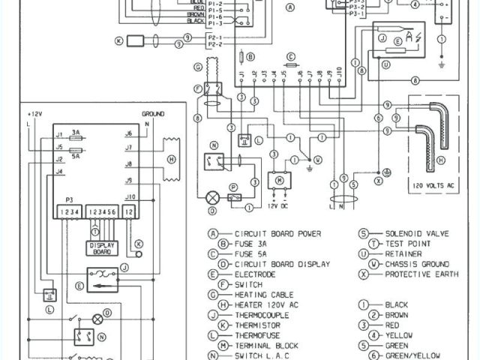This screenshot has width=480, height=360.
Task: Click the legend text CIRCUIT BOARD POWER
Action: (x=278, y=234)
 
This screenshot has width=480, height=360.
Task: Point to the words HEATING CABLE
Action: (x=262, y=295)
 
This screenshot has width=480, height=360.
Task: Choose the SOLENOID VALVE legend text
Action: (x=417, y=234)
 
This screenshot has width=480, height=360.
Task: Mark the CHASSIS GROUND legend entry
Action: (x=417, y=264)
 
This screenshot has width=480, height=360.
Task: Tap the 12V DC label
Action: (x=279, y=205)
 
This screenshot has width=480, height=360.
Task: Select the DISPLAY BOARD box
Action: (x=102, y=247)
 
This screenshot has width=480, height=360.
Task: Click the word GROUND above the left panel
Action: (x=152, y=113)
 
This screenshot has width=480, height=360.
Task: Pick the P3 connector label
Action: (x=70, y=201)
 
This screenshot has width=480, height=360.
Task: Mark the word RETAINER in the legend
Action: (x=406, y=254)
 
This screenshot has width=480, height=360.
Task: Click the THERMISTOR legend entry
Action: (x=259, y=325)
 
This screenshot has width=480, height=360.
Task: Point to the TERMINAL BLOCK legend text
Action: (x=267, y=345)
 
